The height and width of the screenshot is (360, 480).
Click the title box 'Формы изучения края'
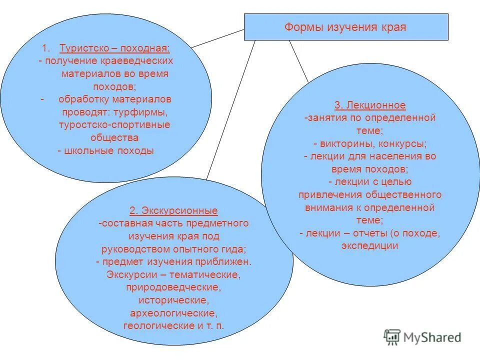tap(345, 27)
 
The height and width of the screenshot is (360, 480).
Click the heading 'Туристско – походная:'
tap(114, 48)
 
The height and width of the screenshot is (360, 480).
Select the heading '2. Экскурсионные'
tap(173, 210)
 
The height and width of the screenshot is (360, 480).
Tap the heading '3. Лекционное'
tap(370, 105)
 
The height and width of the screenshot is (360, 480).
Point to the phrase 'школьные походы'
tap(109, 150)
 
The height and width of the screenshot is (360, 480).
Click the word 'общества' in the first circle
tap(114, 137)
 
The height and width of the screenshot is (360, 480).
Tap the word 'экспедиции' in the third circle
tap(370, 245)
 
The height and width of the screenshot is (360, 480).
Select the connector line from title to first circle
tap(217, 38)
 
